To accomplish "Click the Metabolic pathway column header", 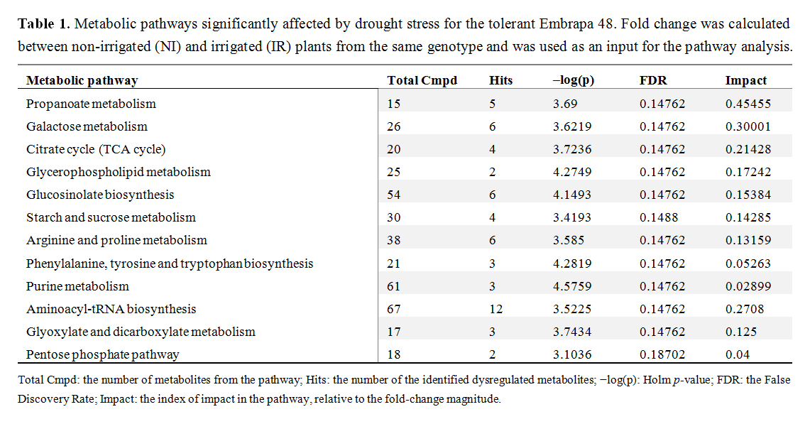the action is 82,81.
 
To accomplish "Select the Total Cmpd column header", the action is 422,81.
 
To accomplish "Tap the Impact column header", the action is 745,81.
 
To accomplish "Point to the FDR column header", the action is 653,81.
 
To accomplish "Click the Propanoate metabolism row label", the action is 91,104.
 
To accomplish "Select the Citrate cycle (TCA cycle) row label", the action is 96,149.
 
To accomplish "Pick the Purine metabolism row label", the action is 77,286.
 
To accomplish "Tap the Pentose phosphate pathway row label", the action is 103,354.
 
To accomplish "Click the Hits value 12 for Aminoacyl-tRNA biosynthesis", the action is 496,309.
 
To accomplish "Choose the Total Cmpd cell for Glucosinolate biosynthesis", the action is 393,195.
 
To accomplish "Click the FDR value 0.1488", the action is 659,218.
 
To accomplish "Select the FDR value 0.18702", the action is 662,354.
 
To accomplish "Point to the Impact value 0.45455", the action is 748,104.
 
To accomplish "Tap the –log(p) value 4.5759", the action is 572,286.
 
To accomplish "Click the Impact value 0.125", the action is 740,332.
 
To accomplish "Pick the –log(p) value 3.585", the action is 569,241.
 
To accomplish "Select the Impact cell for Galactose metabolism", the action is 748,126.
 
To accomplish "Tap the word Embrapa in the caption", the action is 564,24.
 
